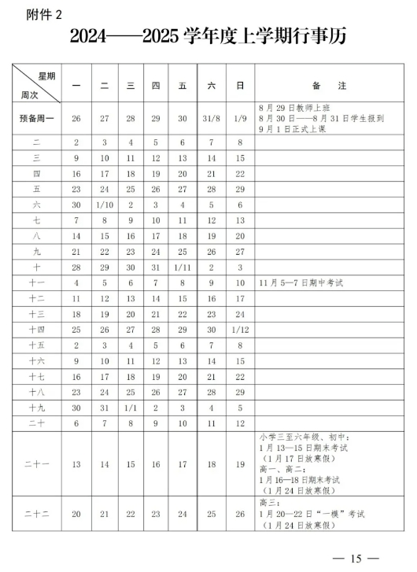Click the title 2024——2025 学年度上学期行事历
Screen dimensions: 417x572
pyautogui.click(x=208, y=36)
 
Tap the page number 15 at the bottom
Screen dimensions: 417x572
pyautogui.click(x=356, y=558)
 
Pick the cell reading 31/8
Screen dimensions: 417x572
pyautogui.click(x=210, y=118)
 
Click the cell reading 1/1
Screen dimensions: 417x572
pyautogui.click(x=131, y=408)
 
